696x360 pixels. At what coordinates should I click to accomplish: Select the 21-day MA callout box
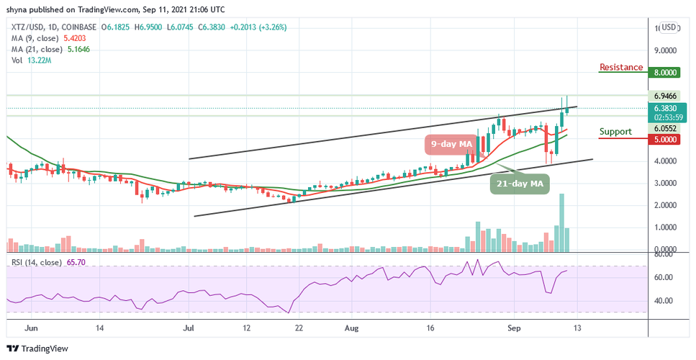tap(520, 184)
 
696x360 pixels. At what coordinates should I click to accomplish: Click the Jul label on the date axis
tap(189, 327)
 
